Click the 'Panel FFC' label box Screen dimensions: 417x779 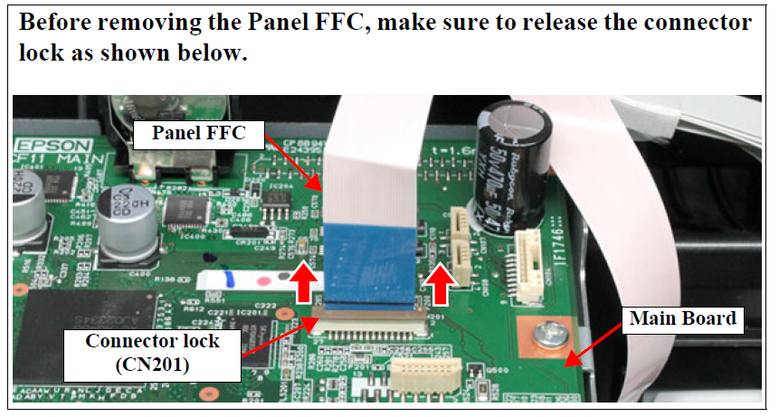pyautogui.click(x=195, y=135)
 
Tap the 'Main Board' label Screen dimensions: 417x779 pyautogui.click(x=682, y=318)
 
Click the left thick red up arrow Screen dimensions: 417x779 pyautogui.click(x=304, y=284)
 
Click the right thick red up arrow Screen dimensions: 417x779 pyautogui.click(x=441, y=284)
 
